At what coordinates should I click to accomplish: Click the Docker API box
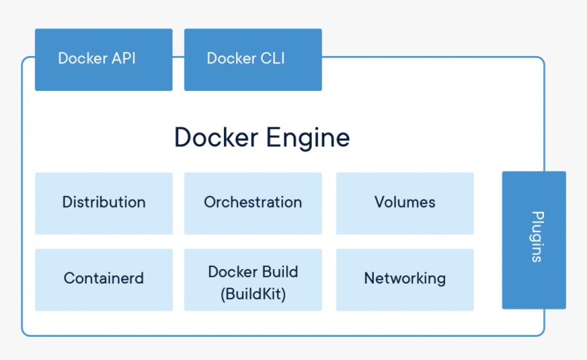click(x=103, y=59)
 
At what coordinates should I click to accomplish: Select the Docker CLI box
click(x=253, y=59)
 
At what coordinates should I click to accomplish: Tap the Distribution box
click(x=103, y=203)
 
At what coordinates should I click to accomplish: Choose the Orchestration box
click(x=253, y=203)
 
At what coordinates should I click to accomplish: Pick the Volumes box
click(x=404, y=203)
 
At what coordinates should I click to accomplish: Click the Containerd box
click(x=103, y=279)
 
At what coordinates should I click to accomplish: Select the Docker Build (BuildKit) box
click(x=253, y=279)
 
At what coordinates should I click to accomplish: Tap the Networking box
click(x=404, y=279)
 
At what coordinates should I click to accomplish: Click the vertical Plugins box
click(x=534, y=240)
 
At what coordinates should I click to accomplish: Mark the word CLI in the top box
click(x=271, y=59)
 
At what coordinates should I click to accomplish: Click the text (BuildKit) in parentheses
click(x=253, y=295)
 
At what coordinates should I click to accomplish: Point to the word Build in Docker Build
click(x=278, y=272)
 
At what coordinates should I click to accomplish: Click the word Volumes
click(x=405, y=202)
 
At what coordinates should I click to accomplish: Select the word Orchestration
click(x=253, y=202)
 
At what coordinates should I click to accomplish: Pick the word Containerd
click(x=104, y=279)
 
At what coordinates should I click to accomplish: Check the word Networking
click(x=405, y=279)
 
